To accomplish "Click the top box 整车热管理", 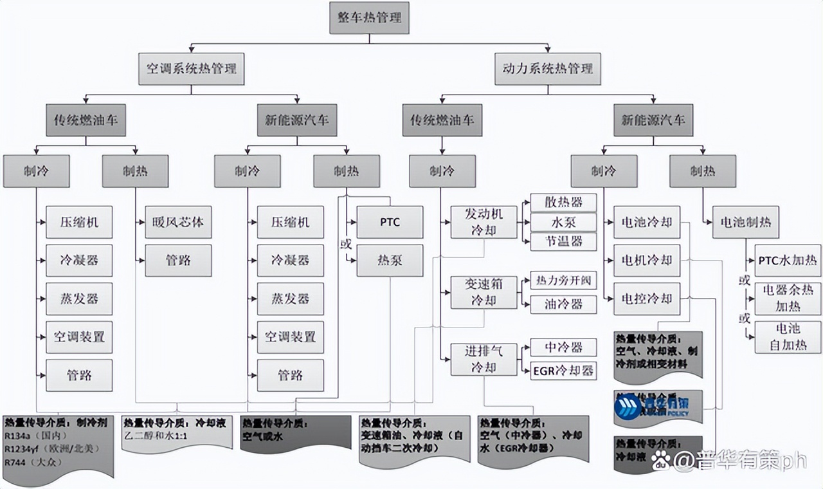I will (369, 18).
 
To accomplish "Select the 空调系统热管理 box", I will (191, 68).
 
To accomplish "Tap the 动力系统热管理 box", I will (548, 68).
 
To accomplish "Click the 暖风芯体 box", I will (178, 223).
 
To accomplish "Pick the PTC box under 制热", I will (390, 223).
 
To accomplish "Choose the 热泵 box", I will (390, 261).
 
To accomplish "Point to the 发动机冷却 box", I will (484, 223).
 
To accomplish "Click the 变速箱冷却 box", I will (484, 292).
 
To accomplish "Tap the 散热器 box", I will (563, 203).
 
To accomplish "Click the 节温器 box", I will (563, 241).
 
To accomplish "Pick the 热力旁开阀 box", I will (563, 281).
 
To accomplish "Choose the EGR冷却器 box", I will (563, 371).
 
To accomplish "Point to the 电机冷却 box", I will (646, 261).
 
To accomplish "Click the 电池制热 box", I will (746, 223).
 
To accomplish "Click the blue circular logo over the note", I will (628, 407).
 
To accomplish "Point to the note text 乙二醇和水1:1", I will (155, 436).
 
